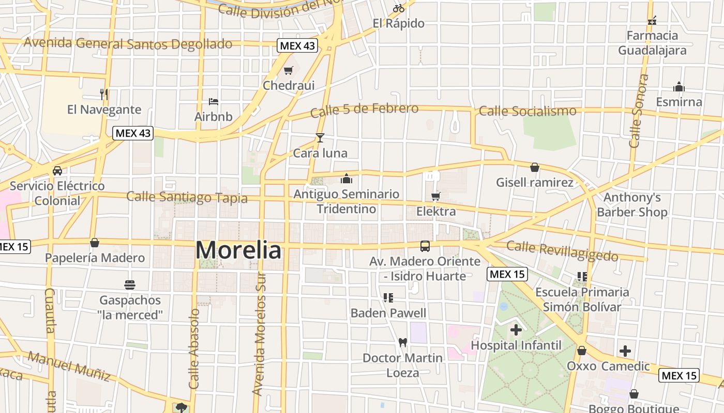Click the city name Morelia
pos(238,250)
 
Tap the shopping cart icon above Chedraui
pos(288,71)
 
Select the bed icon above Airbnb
pos(213,102)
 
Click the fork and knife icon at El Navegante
pos(104,94)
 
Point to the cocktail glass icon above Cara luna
pos(320,138)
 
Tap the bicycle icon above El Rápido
pos(398,8)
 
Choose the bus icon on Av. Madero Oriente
pos(425,246)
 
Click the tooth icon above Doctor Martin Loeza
pos(403,342)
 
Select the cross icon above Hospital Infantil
pos(516,329)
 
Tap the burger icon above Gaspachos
pos(130,284)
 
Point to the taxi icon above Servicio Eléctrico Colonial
pos(57,170)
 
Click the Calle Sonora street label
pos(638,111)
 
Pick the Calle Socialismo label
pos(527,111)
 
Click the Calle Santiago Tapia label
pos(187,197)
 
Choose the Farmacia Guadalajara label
pos(652,43)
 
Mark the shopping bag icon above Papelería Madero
pos(95,243)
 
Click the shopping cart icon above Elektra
pos(435,196)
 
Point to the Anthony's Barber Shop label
pos(632,205)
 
